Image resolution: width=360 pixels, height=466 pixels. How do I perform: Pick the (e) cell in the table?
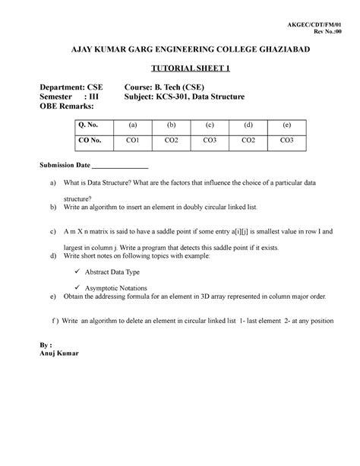[287, 125]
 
